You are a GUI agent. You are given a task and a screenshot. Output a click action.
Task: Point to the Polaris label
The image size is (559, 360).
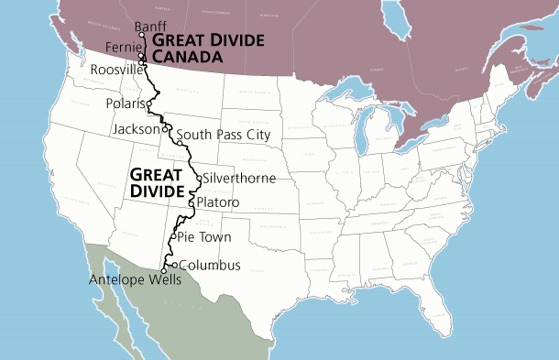pos(125,103)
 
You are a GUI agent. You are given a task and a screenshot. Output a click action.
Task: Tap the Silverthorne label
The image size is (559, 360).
pos(236,176)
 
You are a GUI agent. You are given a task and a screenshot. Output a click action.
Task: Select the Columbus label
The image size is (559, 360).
pos(210,266)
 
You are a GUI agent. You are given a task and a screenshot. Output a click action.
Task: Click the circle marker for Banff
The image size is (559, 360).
pos(142,35)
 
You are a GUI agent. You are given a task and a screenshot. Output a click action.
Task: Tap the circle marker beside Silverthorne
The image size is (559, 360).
pos(199,177)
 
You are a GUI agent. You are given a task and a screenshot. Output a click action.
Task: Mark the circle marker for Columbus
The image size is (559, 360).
pos(175,266)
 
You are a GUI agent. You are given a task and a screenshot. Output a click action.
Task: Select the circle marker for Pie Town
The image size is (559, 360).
pos(172,235)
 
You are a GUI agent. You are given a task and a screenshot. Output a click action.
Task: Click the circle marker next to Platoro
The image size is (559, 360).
pos(191,202)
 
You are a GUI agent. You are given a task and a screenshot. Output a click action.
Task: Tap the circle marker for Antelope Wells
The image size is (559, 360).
pos(164,271)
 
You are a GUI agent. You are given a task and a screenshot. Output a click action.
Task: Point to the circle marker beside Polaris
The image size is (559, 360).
pos(148,103)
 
